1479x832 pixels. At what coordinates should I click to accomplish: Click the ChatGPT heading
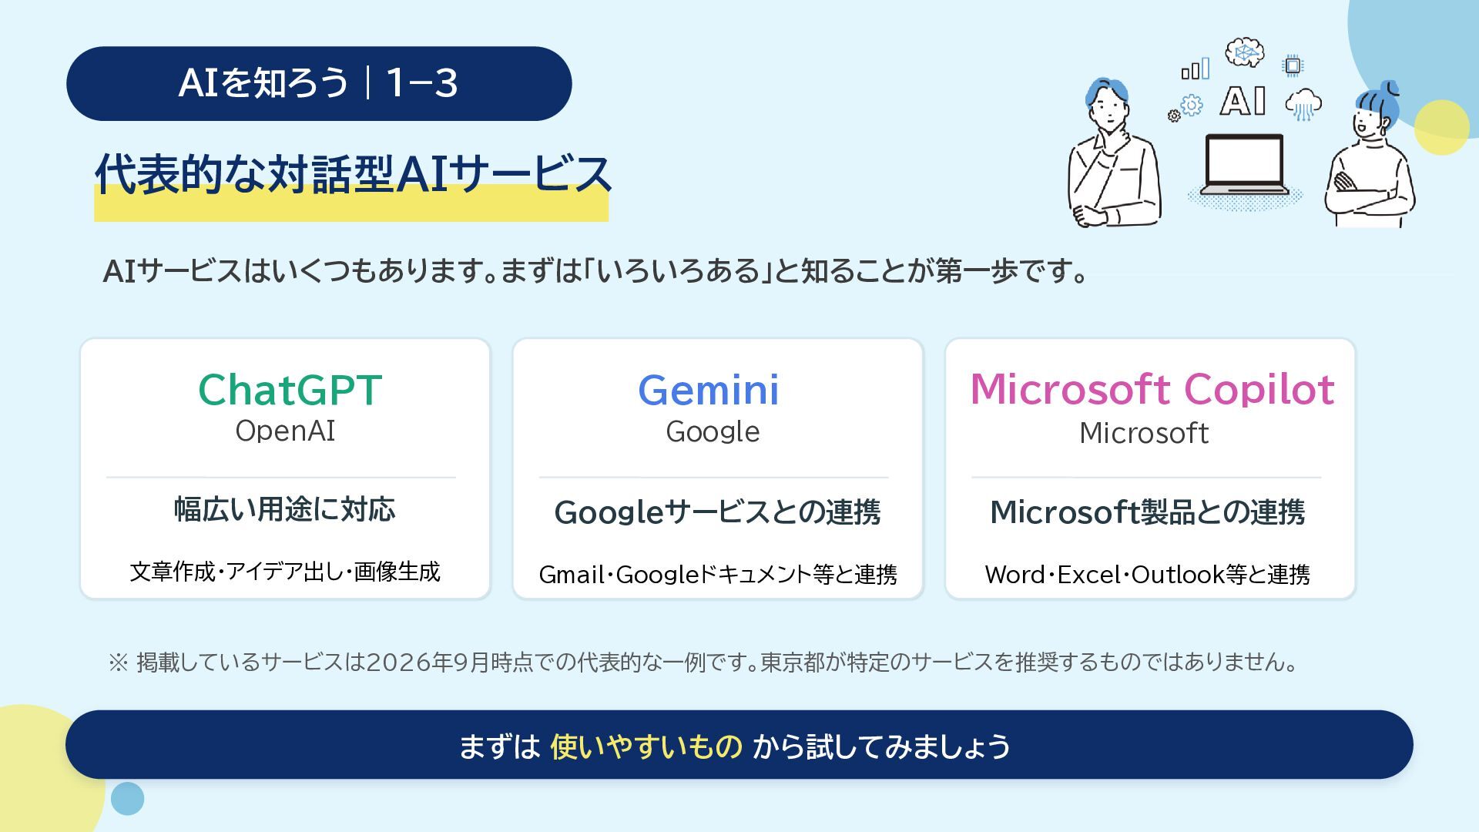click(290, 390)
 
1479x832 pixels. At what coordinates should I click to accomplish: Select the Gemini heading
click(709, 390)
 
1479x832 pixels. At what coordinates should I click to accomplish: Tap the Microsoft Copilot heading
click(1152, 389)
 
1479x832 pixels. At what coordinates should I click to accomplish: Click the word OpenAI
click(285, 431)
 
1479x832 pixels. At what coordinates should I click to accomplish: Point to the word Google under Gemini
click(713, 432)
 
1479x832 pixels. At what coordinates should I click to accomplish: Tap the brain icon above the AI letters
click(1245, 52)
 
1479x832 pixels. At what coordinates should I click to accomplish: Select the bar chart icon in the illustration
click(1196, 69)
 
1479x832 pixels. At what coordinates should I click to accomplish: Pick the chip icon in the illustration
click(1293, 66)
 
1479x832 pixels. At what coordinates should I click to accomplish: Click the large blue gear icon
click(1192, 105)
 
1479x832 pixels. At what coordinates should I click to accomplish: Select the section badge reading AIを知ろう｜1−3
click(319, 83)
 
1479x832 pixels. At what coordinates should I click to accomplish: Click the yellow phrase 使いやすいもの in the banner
click(646, 746)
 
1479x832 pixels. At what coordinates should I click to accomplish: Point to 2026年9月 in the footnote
click(428, 663)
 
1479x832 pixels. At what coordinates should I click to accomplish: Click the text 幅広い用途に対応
click(285, 510)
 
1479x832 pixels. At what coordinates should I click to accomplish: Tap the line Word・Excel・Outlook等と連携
click(1147, 575)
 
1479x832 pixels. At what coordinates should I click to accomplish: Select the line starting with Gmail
click(718, 575)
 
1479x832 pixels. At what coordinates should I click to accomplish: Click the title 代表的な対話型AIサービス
click(353, 174)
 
